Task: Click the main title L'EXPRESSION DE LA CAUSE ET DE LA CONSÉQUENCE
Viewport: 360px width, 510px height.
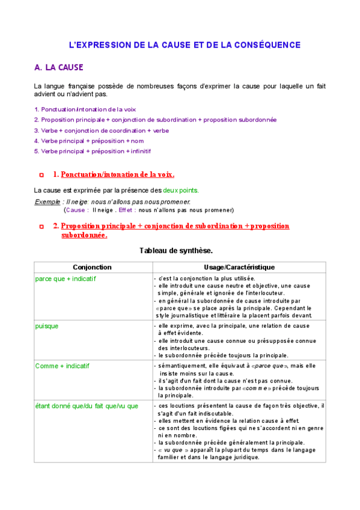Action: pos(185,45)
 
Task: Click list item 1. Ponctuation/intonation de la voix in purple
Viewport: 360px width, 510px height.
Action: pos(85,109)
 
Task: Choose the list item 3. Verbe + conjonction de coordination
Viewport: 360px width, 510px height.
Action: pos(102,130)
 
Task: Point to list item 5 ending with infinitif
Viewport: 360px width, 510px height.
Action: pos(93,150)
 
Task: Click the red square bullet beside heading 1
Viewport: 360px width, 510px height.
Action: pos(41,175)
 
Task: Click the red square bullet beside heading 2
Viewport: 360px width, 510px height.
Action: pos(41,227)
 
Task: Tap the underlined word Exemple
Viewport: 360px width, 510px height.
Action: pos(47,201)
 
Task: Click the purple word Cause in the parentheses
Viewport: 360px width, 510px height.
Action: pos(75,210)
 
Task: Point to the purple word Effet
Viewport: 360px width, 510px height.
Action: pos(125,210)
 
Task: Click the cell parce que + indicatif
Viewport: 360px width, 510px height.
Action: pos(66,279)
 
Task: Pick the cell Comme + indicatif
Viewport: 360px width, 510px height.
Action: pos(63,366)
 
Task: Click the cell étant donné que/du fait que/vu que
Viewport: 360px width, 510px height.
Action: pos(87,406)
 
